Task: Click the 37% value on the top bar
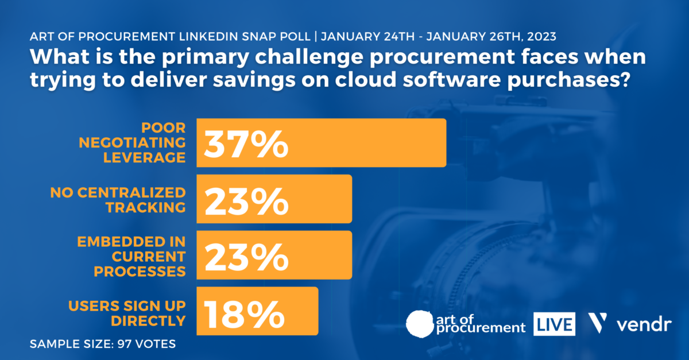point(246,143)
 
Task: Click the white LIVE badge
point(554,324)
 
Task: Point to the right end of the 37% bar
point(443,143)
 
